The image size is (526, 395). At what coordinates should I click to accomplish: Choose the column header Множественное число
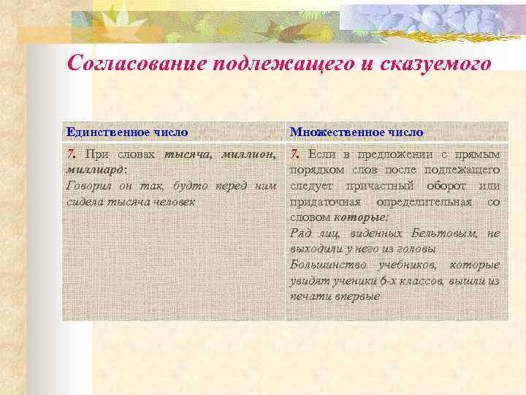[357, 132]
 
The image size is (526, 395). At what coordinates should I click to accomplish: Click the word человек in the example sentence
[172, 201]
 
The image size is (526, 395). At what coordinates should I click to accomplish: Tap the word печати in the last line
[308, 296]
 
